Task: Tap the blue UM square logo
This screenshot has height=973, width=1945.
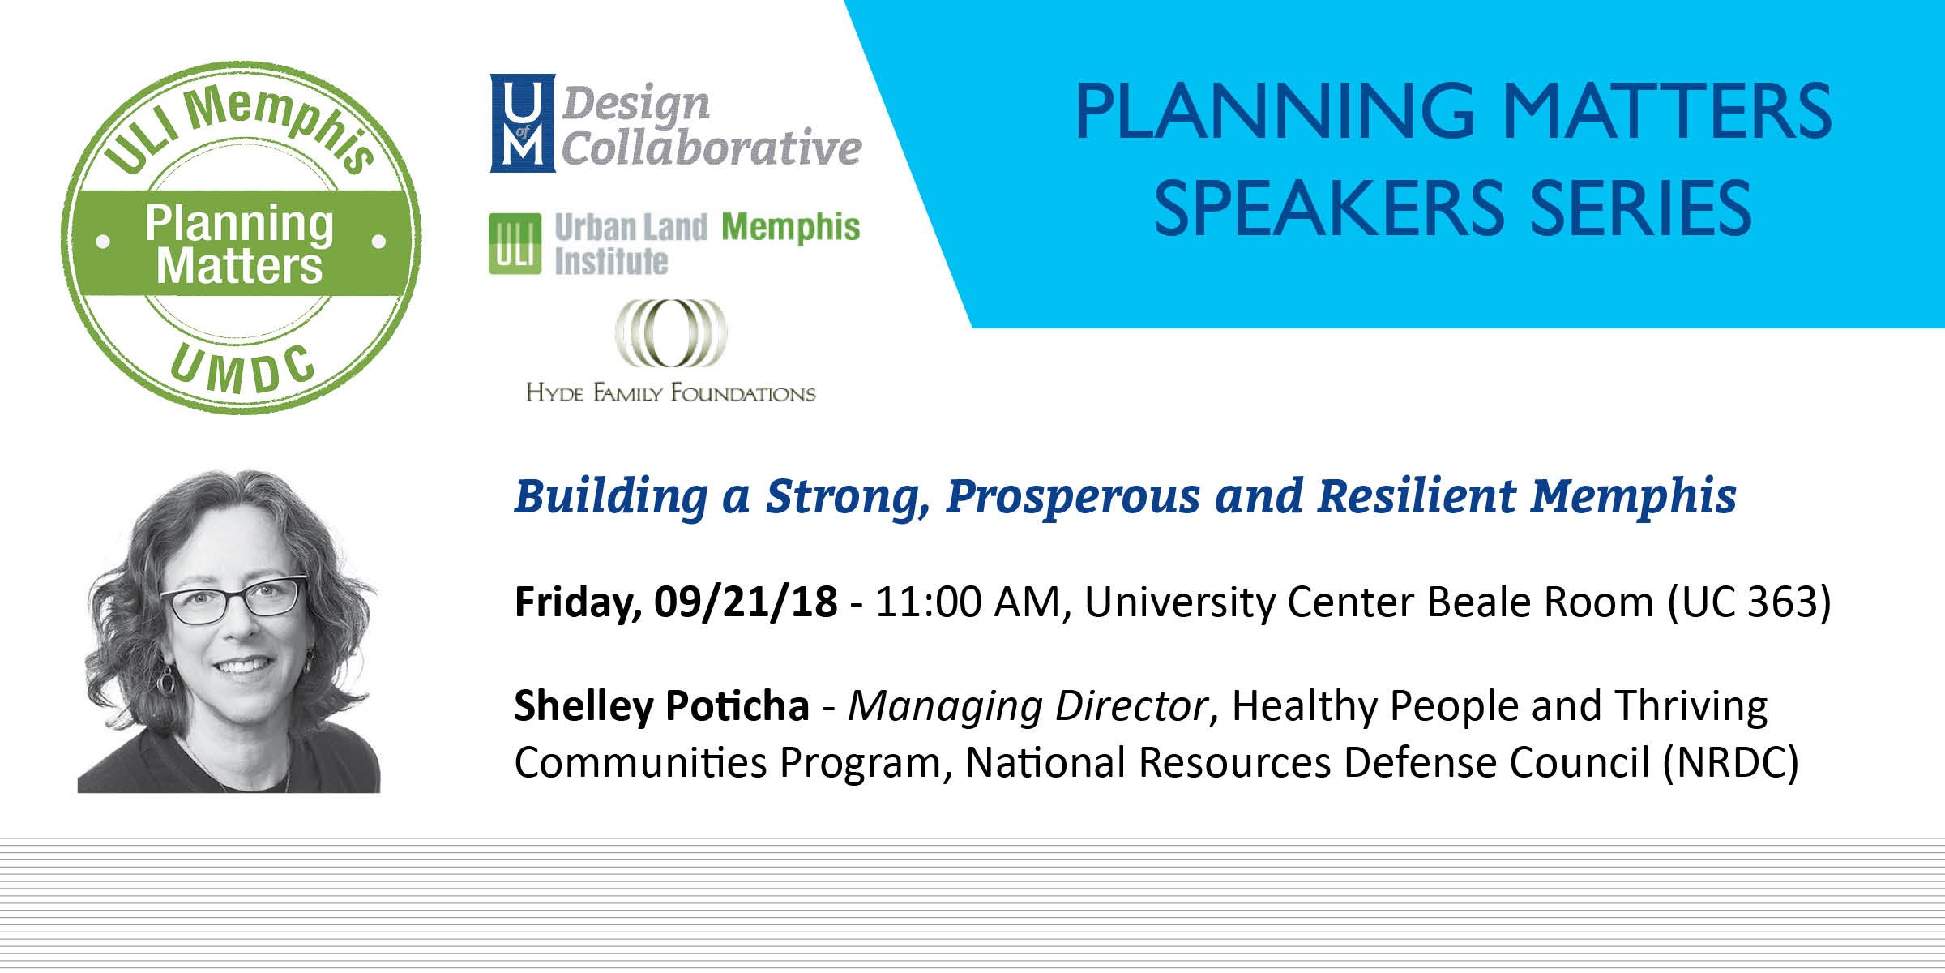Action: (523, 123)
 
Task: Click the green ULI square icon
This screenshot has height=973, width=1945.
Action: (515, 243)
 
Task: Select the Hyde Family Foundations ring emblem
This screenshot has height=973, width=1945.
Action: (670, 333)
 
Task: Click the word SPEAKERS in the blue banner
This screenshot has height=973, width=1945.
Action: (1329, 208)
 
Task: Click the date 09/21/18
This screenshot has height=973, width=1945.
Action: (746, 602)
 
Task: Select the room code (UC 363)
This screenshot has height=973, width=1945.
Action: (1749, 602)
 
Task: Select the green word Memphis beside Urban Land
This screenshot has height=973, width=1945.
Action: (790, 227)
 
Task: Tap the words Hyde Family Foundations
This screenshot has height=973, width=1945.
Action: (671, 393)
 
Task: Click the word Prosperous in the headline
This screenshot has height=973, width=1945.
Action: (1073, 497)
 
